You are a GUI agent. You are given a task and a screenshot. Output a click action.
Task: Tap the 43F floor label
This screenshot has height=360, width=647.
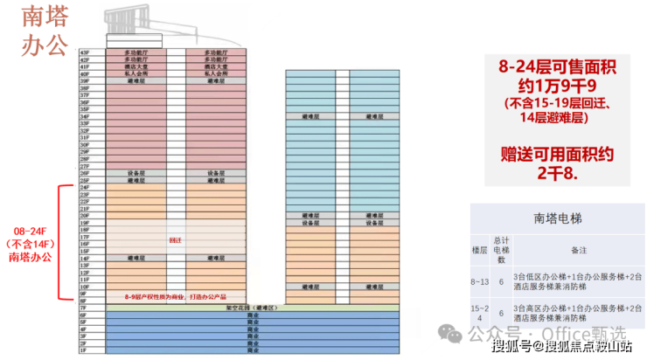pos(85,52)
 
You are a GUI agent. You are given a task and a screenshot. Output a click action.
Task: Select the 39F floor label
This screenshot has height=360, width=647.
pos(85,81)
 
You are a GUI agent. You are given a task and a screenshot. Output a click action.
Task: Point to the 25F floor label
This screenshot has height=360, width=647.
pos(85,181)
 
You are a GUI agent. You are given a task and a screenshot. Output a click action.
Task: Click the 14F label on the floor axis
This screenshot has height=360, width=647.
pos(85,259)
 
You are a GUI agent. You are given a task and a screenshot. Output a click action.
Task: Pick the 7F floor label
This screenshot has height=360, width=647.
pos(85,308)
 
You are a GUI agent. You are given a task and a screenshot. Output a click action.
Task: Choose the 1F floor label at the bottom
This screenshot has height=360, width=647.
pos(85,350)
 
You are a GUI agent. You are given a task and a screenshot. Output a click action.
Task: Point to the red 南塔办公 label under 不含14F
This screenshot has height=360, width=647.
pos(31,257)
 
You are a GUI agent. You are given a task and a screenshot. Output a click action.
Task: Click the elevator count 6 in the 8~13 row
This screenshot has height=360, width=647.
pos(502,282)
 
